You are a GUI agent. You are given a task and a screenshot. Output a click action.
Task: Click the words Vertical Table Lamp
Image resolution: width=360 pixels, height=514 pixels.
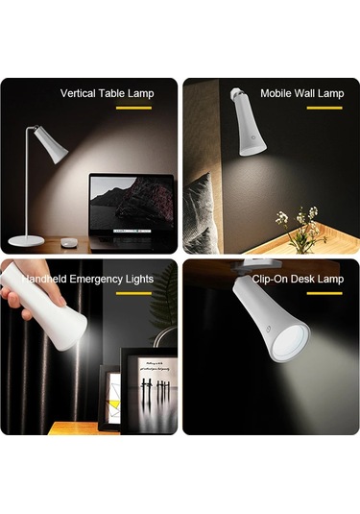coord(107,93)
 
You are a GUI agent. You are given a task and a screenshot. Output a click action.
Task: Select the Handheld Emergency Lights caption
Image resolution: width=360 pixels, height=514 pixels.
coord(88,279)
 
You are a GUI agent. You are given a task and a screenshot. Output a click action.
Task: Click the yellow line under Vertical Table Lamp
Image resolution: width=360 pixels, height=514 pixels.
coord(134,108)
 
